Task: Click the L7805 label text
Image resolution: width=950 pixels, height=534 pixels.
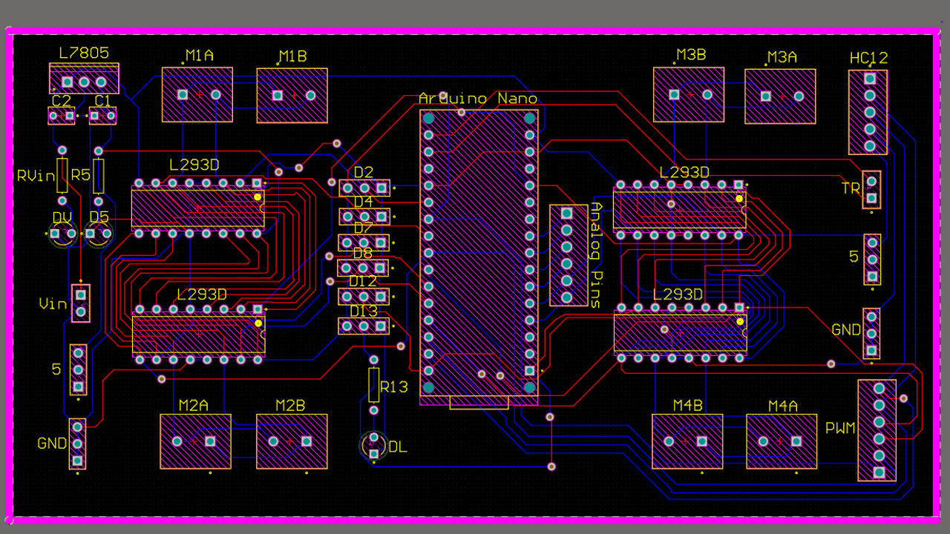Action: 84,53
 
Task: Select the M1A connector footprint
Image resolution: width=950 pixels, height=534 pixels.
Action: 197,95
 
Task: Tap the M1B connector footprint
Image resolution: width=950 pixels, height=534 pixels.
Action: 292,95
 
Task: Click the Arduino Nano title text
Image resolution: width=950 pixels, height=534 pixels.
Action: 478,99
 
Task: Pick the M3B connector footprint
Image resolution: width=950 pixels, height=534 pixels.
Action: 689,95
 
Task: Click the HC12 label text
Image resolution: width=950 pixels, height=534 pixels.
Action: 868,58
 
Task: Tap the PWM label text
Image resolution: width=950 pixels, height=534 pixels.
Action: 840,429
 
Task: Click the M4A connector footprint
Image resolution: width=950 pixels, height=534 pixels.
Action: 782,442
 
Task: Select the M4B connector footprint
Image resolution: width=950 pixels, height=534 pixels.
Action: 687,442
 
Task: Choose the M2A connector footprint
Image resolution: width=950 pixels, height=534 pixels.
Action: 195,442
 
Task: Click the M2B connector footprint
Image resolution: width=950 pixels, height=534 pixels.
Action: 292,442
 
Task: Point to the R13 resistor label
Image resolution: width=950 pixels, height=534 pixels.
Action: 393,387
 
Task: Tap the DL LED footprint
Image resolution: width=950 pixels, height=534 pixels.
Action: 373,446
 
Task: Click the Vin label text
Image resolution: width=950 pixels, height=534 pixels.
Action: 53,304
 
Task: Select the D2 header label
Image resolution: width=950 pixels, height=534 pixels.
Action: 364,173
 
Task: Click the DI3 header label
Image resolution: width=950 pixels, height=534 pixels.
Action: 364,311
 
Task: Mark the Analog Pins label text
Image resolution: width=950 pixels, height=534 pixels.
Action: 595,254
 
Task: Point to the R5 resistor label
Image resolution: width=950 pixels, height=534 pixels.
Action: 79,175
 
